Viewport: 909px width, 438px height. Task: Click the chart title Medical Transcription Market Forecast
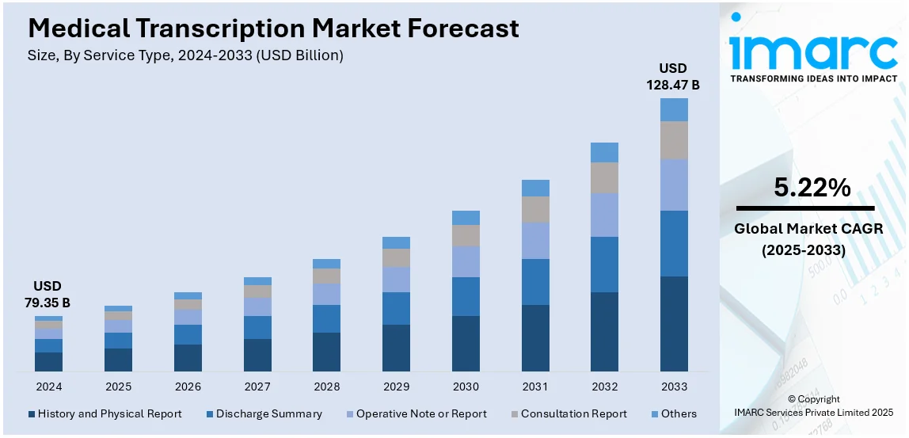click(273, 29)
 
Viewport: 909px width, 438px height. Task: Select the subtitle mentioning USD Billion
click(185, 55)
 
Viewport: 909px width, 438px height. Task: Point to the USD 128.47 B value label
click(673, 75)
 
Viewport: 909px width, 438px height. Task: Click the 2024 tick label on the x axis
click(48, 387)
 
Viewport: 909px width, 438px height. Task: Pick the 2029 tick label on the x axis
click(396, 387)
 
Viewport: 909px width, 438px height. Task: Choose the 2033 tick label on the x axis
click(674, 387)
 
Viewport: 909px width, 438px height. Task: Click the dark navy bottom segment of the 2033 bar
click(674, 323)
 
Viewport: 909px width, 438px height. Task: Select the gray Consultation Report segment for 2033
click(674, 139)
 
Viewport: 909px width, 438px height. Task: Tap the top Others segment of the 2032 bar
click(604, 152)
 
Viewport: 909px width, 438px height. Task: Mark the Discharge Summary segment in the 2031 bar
click(535, 281)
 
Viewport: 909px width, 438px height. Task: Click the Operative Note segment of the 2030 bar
click(466, 261)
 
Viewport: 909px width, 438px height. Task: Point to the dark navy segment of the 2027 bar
click(257, 355)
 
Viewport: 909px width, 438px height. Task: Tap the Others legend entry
click(672, 413)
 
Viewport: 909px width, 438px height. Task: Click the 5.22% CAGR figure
click(812, 188)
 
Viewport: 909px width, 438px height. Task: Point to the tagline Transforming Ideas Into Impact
click(813, 78)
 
